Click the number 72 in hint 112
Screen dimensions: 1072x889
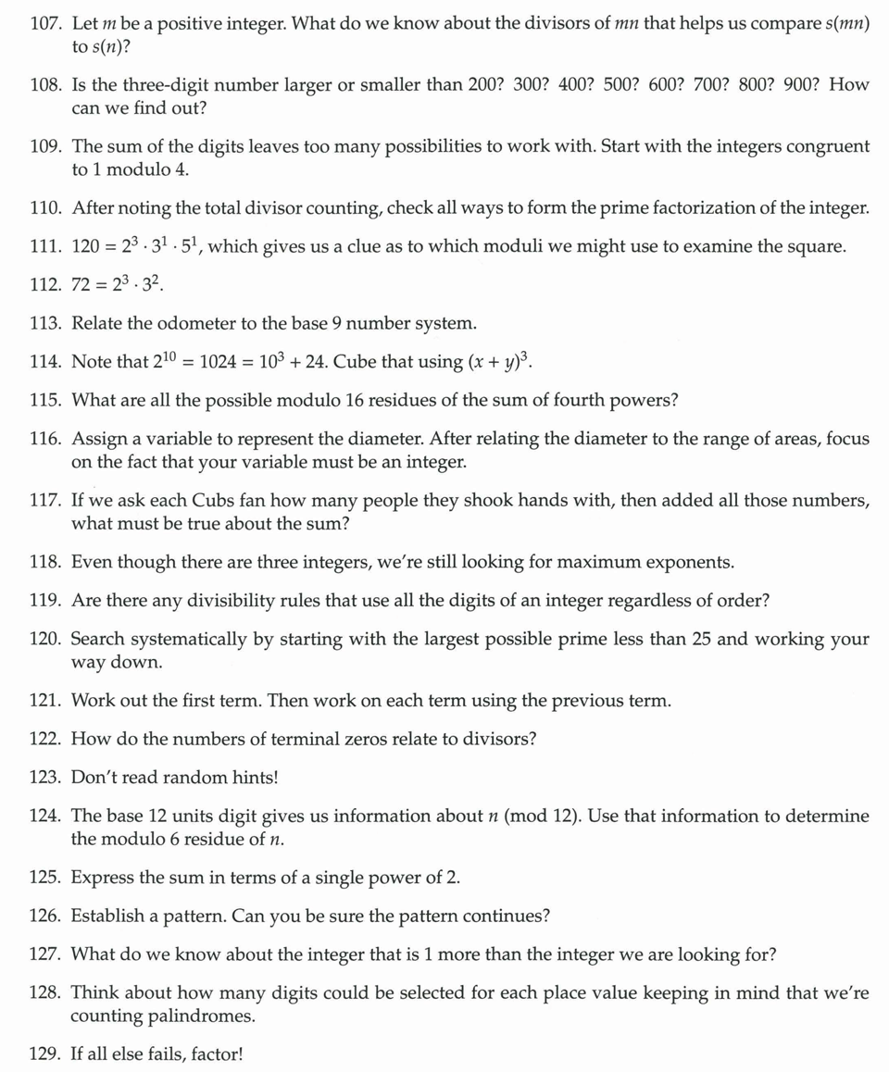click(x=81, y=285)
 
